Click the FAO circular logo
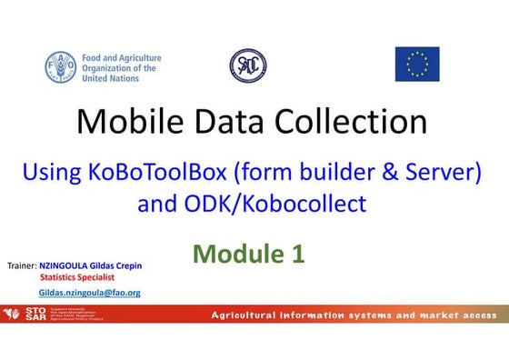(61, 66)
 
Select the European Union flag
(417, 65)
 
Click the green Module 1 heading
(248, 255)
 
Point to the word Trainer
(21, 267)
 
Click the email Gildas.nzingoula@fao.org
(89, 293)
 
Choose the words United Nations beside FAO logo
(111, 78)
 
